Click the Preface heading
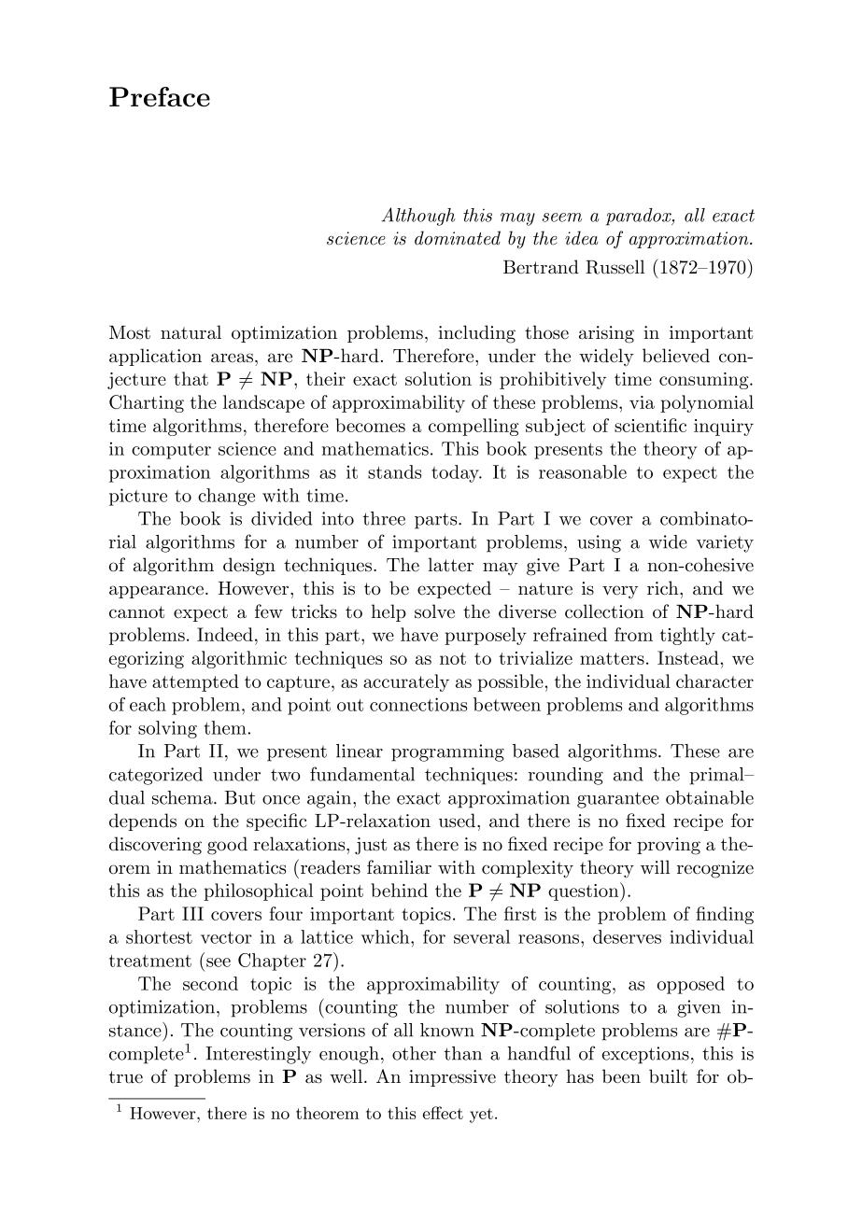[x=160, y=98]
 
